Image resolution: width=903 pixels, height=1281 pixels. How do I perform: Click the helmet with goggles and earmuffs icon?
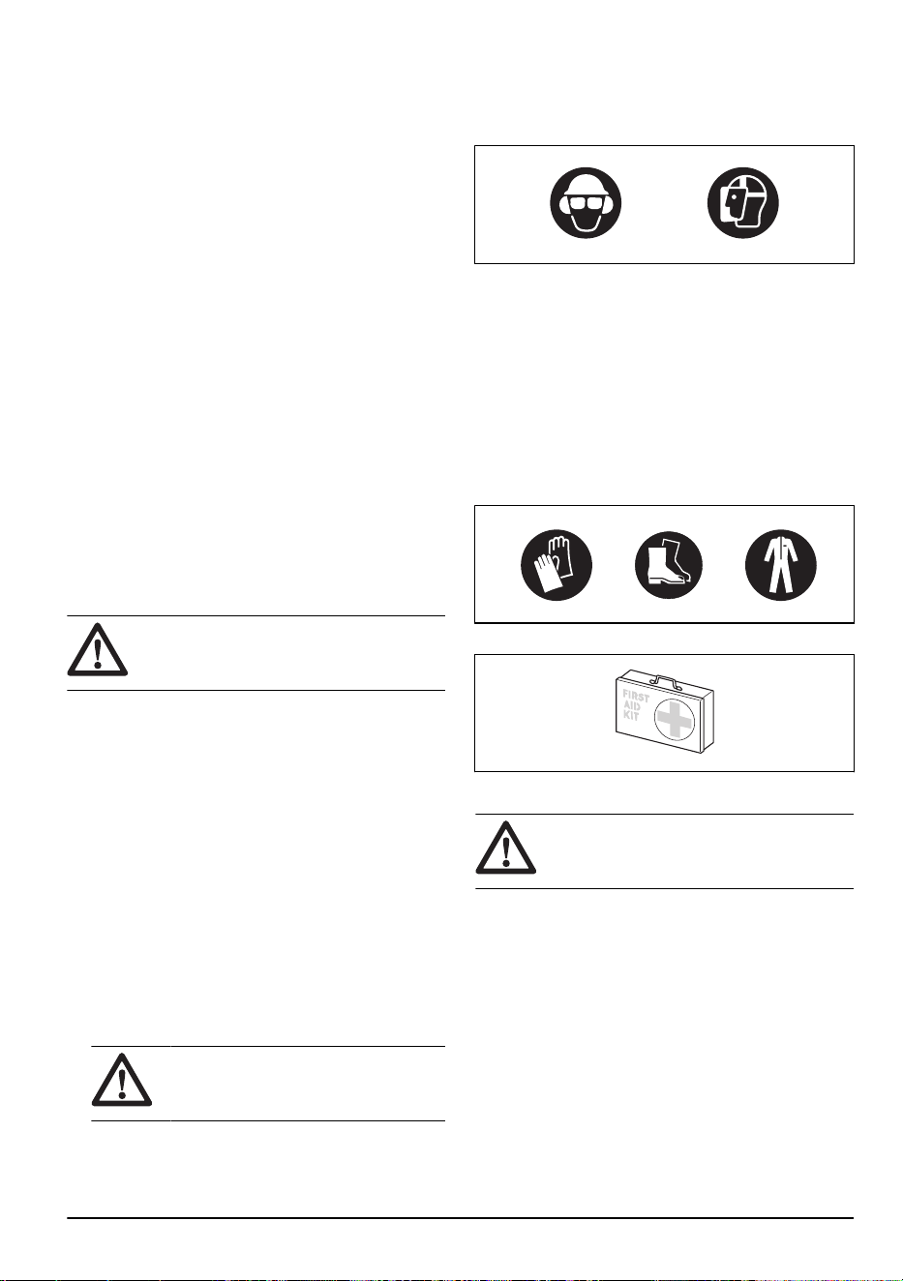(x=586, y=203)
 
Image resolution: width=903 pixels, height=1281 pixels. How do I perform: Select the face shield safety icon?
(x=742, y=203)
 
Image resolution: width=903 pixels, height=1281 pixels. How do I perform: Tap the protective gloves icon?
(x=557, y=564)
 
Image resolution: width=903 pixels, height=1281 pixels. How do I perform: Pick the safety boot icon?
(x=669, y=564)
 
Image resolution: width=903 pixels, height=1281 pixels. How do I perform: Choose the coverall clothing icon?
(x=780, y=564)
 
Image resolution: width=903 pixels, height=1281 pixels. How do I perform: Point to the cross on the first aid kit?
(x=676, y=720)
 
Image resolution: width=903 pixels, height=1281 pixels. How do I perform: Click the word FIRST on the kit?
(x=636, y=698)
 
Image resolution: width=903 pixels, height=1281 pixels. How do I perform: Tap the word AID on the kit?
(x=631, y=707)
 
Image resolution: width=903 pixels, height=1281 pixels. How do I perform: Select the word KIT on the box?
(x=631, y=717)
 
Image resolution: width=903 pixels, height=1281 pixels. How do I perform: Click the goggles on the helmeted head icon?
(x=586, y=203)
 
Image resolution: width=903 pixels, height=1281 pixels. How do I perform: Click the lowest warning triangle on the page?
(x=122, y=1079)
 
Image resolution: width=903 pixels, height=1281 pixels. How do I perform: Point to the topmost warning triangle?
(x=98, y=649)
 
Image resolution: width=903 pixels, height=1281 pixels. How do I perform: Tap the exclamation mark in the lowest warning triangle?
(x=122, y=1083)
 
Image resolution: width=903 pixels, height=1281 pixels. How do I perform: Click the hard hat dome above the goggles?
(x=586, y=183)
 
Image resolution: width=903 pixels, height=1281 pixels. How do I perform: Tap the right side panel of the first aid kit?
(x=707, y=722)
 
